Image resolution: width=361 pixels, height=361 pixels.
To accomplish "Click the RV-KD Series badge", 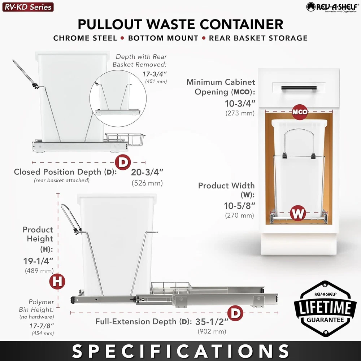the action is (28, 7).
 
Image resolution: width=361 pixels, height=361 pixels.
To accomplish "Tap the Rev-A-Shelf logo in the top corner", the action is (332, 7).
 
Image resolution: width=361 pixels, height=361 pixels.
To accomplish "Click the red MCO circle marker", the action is (300, 112).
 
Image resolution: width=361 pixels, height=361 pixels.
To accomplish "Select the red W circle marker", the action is (298, 213).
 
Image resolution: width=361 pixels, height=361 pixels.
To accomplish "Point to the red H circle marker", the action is (57, 281).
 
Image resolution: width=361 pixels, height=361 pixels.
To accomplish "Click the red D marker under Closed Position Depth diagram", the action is (123, 162).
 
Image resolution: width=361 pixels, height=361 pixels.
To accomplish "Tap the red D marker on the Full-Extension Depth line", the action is (235, 313).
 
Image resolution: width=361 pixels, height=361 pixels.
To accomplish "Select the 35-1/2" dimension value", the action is (212, 322).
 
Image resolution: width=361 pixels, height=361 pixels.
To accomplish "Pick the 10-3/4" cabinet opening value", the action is (240, 104).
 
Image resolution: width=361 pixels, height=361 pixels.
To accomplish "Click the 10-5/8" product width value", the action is (240, 206).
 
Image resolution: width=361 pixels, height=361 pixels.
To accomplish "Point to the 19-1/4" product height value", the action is (38, 261).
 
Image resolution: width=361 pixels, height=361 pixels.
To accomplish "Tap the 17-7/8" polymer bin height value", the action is (42, 326).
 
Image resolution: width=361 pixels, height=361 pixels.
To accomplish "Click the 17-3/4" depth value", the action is (154, 74).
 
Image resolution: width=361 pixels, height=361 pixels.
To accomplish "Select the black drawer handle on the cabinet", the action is (299, 88).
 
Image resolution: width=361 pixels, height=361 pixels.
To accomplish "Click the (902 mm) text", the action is (212, 331).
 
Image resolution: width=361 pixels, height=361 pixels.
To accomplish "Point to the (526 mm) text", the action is (147, 183).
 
